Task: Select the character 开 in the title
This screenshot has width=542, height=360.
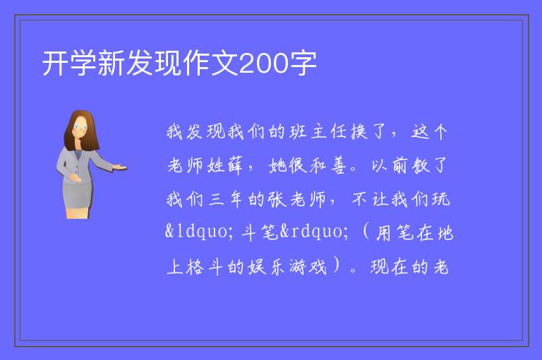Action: [x=55, y=64]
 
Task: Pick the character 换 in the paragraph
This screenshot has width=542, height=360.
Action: [x=359, y=132]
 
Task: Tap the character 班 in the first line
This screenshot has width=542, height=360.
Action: [x=298, y=132]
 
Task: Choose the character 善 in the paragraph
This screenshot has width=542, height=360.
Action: [x=338, y=166]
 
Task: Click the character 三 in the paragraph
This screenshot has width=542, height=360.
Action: [x=216, y=200]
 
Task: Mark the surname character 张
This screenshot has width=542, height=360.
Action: [x=277, y=200]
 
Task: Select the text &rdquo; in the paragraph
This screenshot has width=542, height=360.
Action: [x=314, y=231]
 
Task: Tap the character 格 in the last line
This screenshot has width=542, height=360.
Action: [x=195, y=268]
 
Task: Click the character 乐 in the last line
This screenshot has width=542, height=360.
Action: [x=277, y=268]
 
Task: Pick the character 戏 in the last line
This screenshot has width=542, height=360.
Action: [x=318, y=268]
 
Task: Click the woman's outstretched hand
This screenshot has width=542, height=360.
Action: [x=120, y=167]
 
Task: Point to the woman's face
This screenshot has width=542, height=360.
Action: [x=80, y=127]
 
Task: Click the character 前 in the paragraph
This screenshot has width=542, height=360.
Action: [x=400, y=166]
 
